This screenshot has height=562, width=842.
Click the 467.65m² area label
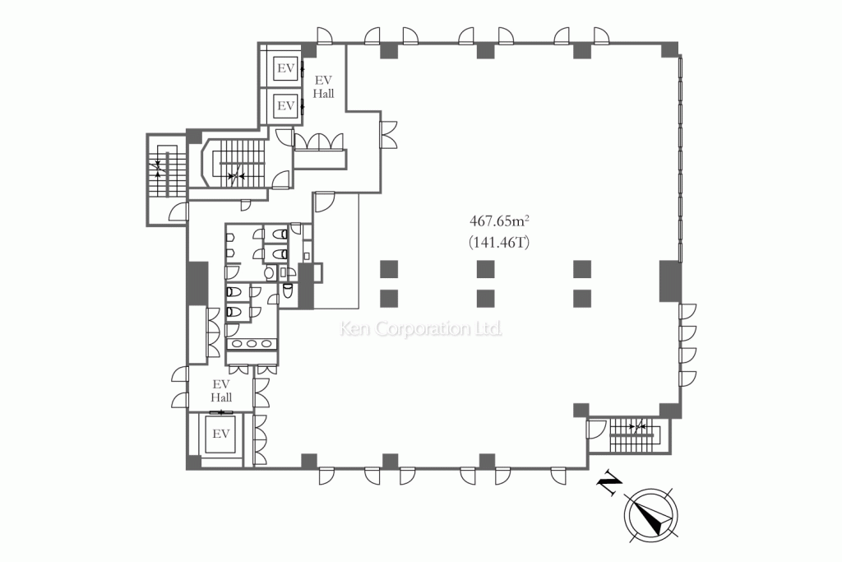(500, 221)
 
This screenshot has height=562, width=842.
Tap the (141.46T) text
(499, 243)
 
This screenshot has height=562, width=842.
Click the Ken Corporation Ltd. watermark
(421, 328)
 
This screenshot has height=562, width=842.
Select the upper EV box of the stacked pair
(285, 69)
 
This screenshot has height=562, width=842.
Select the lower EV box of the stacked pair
(285, 105)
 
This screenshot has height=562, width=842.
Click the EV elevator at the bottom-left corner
(220, 434)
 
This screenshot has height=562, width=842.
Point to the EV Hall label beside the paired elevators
(323, 86)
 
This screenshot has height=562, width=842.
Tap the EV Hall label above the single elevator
(221, 391)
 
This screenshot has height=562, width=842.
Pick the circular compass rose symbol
(651, 516)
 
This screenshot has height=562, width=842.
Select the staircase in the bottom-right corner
(635, 434)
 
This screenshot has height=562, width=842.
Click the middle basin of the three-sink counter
(252, 343)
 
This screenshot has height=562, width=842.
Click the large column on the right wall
(670, 281)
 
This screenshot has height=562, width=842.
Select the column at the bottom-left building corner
(193, 462)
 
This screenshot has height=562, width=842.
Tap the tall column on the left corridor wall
(197, 283)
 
